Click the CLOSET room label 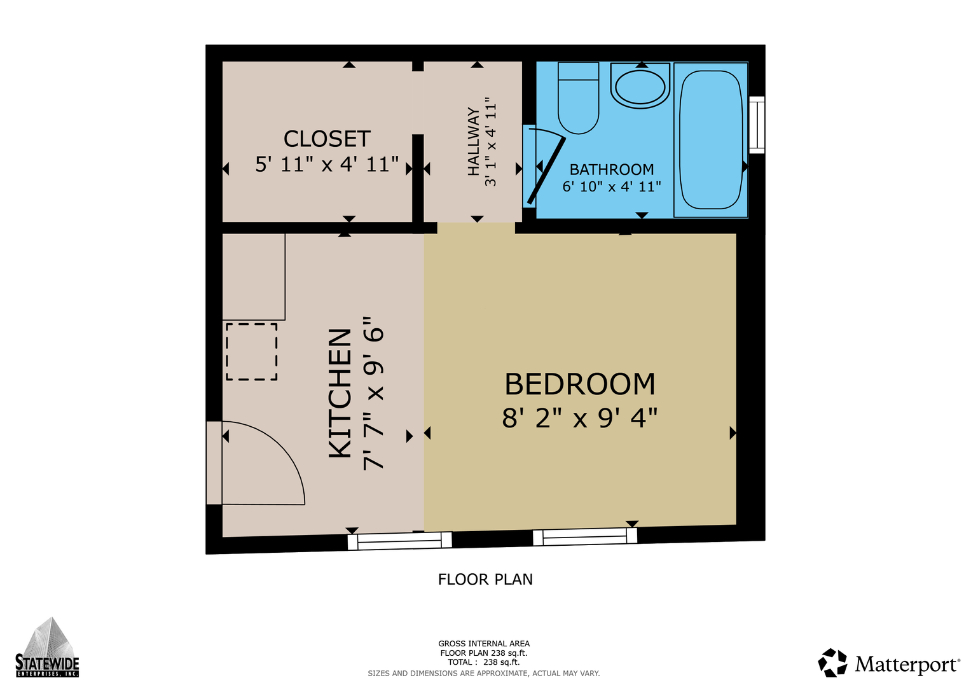[x=327, y=139]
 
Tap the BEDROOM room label [x=579, y=384]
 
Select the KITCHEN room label [x=340, y=393]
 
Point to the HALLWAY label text [x=474, y=141]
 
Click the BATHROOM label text [x=611, y=169]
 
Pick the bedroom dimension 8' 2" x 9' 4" [x=579, y=418]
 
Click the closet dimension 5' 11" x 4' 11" [x=327, y=164]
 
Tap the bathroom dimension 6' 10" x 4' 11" [x=611, y=186]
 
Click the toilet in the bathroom [x=578, y=98]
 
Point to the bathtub [x=711, y=140]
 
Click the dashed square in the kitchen [x=251, y=352]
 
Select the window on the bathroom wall [x=757, y=125]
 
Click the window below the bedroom [x=585, y=536]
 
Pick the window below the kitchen [x=399, y=541]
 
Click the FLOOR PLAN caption [x=485, y=579]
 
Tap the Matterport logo [x=888, y=663]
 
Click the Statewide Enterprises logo [x=47, y=647]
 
